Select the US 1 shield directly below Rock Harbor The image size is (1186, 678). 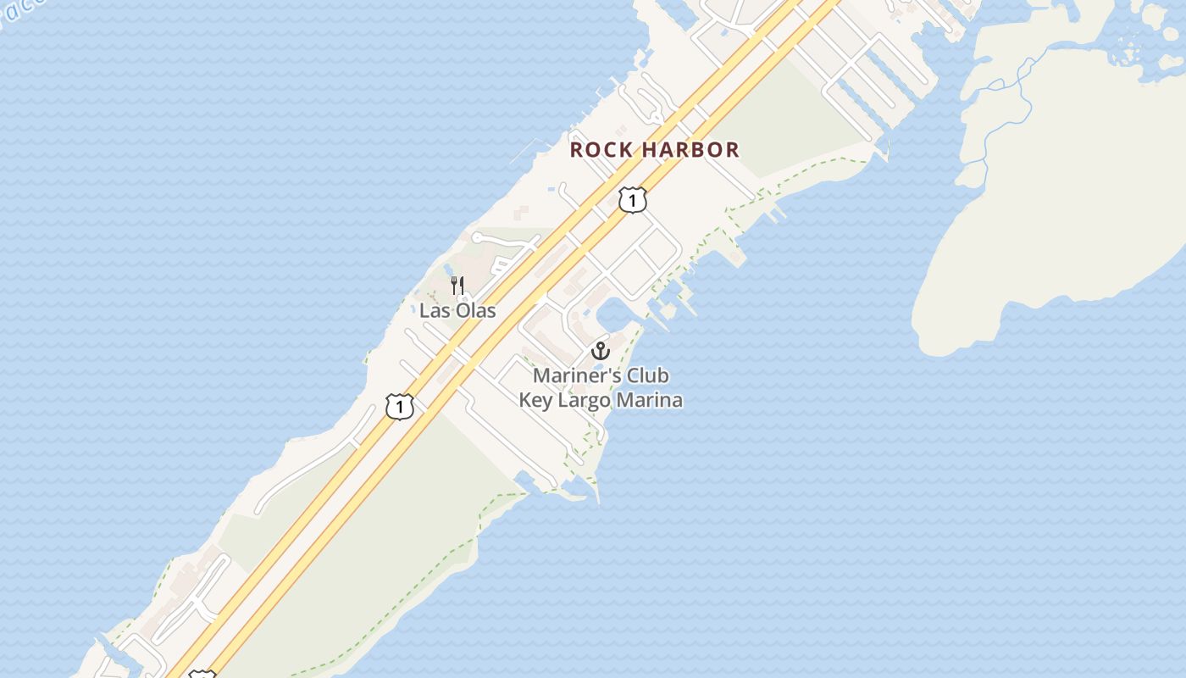pyautogui.click(x=632, y=200)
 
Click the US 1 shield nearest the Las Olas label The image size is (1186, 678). pyautogui.click(x=400, y=406)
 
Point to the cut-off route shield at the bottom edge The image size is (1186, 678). pyautogui.click(x=202, y=675)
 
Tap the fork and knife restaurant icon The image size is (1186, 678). pyautogui.click(x=457, y=285)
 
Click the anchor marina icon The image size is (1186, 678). pyautogui.click(x=601, y=350)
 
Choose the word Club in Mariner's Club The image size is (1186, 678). pyautogui.click(x=648, y=375)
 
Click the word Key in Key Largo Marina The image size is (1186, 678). pyautogui.click(x=535, y=400)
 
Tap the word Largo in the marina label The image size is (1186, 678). pyautogui.click(x=585, y=400)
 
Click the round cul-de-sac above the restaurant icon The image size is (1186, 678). pyautogui.click(x=477, y=237)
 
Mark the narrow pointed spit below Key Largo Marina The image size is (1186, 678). pyautogui.click(x=595, y=492)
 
